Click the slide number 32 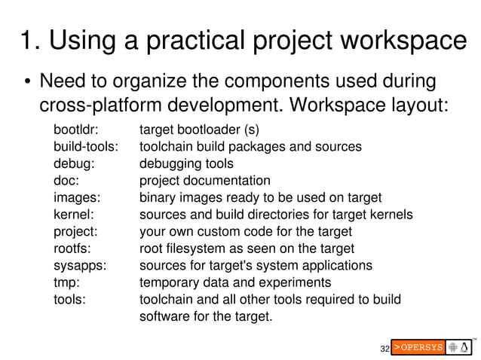pyautogui.click(x=384, y=349)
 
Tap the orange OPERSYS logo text pyautogui.click(x=417, y=348)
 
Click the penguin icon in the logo pyautogui.click(x=467, y=347)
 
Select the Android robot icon pyautogui.click(x=453, y=347)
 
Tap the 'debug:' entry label pyautogui.click(x=73, y=163)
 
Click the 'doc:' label pyautogui.click(x=66, y=181)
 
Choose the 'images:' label pyautogui.click(x=77, y=197)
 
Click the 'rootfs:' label pyautogui.click(x=72, y=249)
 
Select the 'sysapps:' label pyautogui.click(x=79, y=266)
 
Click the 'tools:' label pyautogui.click(x=69, y=300)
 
